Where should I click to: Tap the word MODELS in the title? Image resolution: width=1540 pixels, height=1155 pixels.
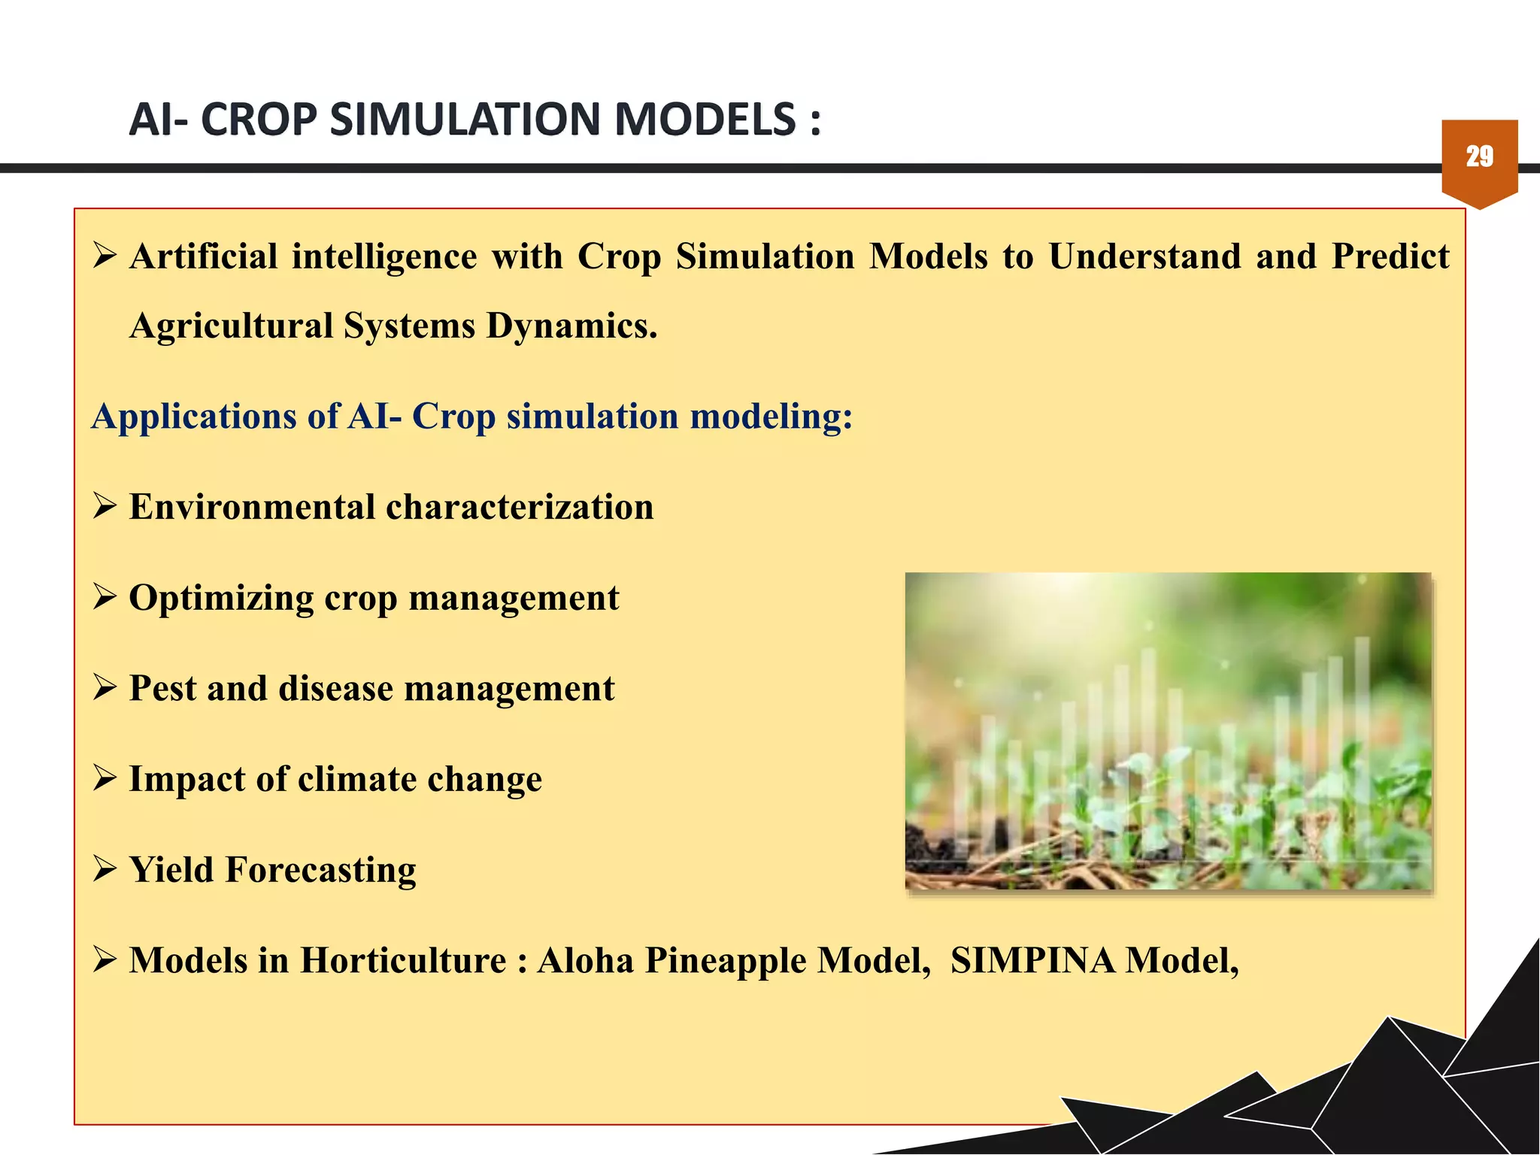(705, 120)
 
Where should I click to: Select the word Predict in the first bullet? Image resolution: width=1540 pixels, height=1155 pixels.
(1390, 256)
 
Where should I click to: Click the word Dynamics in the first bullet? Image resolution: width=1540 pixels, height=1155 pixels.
(571, 326)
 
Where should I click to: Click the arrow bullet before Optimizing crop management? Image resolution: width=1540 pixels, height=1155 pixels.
(105, 598)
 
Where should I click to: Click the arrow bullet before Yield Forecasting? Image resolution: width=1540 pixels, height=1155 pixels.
(105, 870)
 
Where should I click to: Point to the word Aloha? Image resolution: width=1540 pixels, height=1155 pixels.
(585, 961)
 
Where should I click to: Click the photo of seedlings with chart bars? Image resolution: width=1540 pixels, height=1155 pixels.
(1168, 730)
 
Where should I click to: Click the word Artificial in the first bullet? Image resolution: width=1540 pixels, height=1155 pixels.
(204, 256)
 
